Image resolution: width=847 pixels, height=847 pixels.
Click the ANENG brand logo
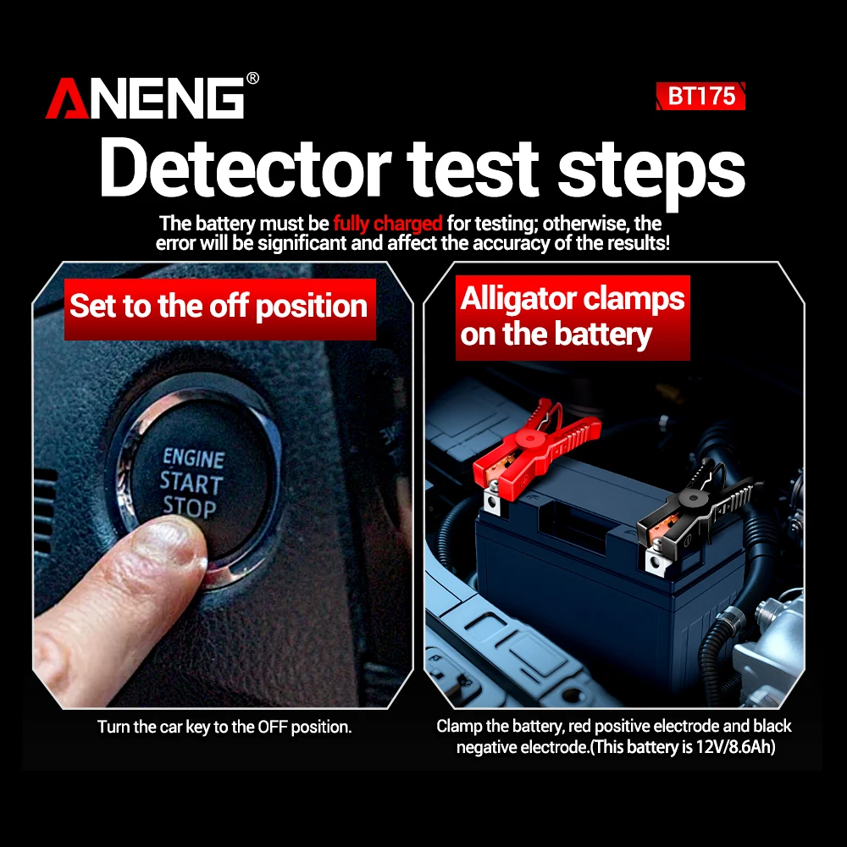(145, 97)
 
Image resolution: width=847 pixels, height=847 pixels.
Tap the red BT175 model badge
(700, 97)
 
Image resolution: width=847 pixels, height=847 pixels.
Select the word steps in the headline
(651, 174)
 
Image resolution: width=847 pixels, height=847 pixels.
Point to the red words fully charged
(387, 224)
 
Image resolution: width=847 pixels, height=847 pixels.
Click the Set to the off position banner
(220, 309)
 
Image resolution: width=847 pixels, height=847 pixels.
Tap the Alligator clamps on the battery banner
(573, 318)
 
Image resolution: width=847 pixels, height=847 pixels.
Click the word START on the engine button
(191, 483)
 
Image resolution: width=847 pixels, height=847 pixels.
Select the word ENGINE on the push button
(193, 458)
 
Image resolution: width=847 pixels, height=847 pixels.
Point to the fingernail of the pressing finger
(174, 540)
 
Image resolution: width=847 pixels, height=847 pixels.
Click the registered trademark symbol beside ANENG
(252, 78)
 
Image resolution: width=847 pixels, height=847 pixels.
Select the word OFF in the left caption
(272, 727)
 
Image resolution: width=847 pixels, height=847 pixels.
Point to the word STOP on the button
(190, 507)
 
